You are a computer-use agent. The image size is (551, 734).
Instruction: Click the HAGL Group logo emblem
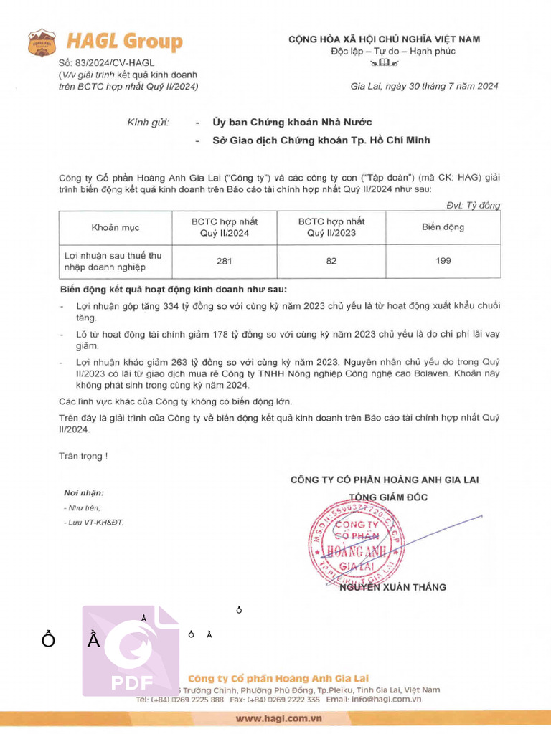coord(42,42)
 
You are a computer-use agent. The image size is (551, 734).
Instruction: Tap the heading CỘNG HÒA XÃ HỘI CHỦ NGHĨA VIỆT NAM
coord(384,39)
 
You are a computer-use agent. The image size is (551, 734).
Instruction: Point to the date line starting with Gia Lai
coord(424,86)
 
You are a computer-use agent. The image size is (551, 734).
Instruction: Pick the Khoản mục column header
coord(116,227)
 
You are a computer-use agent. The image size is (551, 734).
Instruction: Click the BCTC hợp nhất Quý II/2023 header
coord(331,227)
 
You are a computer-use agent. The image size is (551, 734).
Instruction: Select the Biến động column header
coord(443,227)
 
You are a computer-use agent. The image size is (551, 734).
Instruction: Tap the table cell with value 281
coord(224,261)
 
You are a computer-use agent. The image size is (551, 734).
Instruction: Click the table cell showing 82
coord(331,261)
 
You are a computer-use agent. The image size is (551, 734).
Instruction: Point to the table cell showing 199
coord(443,261)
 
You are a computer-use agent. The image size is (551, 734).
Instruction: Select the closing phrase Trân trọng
coord(83,455)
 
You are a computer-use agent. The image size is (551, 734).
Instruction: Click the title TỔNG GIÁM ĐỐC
coord(384,497)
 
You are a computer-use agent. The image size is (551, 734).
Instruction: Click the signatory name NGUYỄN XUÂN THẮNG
coord(392,587)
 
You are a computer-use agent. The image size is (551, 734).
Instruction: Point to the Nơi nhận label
coord(84,492)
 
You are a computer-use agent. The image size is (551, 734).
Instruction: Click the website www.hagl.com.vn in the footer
coord(278,718)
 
